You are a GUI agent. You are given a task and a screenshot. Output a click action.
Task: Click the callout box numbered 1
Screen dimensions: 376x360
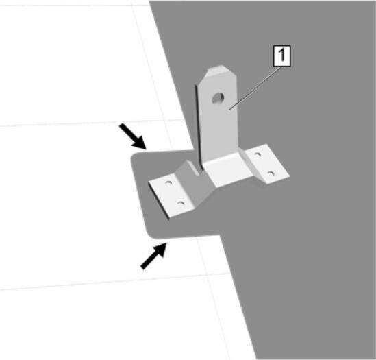pos(281,56)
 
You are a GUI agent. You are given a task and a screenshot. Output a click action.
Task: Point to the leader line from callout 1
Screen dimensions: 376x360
pos(255,88)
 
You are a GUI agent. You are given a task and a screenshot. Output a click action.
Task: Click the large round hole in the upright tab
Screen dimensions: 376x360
pos(218,98)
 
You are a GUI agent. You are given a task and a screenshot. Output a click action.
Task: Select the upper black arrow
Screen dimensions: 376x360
pos(133,136)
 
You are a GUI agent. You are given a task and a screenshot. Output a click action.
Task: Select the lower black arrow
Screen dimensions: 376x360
pos(153,256)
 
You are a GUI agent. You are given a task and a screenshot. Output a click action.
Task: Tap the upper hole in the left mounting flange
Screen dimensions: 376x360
pos(168,183)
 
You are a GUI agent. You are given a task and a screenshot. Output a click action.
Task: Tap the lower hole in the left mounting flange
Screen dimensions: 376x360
pos(181,204)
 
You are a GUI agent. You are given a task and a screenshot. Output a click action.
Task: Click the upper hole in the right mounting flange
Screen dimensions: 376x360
pos(258,154)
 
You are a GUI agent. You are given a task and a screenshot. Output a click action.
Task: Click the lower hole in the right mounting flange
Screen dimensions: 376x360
pos(271,173)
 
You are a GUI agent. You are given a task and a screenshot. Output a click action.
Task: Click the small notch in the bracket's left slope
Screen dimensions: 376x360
pos(194,168)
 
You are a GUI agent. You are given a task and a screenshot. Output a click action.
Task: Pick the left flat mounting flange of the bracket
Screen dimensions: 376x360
pos(171,195)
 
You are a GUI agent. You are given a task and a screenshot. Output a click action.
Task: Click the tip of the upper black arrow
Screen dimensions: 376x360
pos(146,149)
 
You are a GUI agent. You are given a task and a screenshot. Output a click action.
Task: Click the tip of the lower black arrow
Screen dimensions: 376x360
pos(166,243)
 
